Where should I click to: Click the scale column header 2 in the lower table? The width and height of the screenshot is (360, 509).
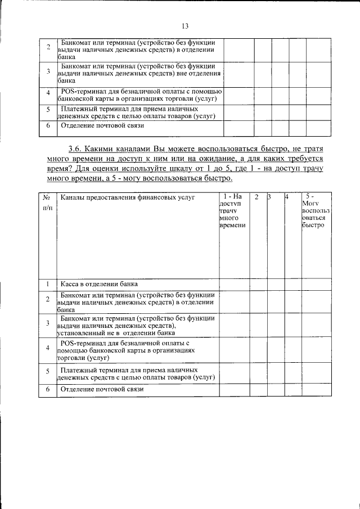(256, 197)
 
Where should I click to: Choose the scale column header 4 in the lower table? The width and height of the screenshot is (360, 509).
(287, 197)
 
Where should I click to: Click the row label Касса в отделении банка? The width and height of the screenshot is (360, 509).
(98, 284)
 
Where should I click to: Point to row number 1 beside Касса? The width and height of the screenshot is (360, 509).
(48, 284)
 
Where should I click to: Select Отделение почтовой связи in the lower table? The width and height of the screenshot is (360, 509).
(102, 389)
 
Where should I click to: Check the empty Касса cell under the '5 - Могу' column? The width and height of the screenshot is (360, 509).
(313, 284)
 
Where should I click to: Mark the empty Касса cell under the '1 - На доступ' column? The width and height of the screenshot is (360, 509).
(233, 284)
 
